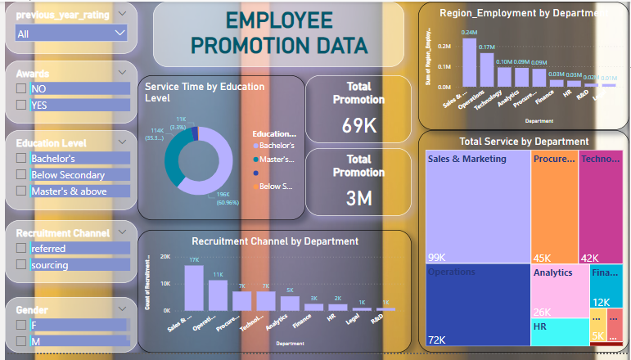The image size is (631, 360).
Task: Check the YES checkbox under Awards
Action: click(21, 105)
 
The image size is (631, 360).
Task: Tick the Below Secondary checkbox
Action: click(21, 175)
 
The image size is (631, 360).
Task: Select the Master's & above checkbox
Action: click(21, 191)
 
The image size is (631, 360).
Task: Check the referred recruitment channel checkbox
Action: click(21, 249)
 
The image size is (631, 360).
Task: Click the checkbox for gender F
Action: click(21, 325)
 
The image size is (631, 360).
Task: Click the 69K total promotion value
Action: click(358, 126)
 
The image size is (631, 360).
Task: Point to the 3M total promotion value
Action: click(358, 198)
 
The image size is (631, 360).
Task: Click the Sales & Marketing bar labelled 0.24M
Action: click(469, 62)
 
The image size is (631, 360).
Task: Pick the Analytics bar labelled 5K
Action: click(290, 302)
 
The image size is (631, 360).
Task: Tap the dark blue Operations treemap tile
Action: click(478, 304)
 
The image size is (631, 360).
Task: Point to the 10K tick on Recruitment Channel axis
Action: click(165, 283)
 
